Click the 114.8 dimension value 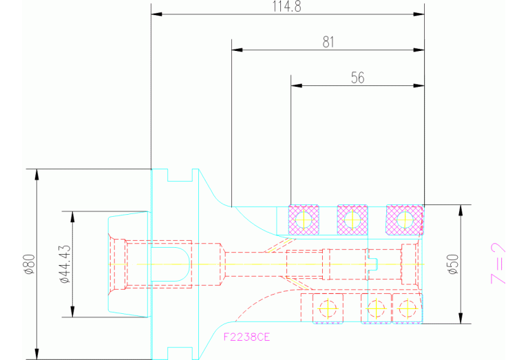pyautogui.click(x=286, y=6)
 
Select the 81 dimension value pyautogui.click(x=328, y=42)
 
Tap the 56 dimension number pyautogui.click(x=357, y=78)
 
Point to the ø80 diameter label pyautogui.click(x=30, y=264)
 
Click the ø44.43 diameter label pyautogui.click(x=65, y=264)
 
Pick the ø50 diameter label pyautogui.click(x=454, y=264)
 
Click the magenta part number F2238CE pyautogui.click(x=247, y=337)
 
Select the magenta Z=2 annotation pyautogui.click(x=498, y=264)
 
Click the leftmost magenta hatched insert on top pyautogui.click(x=304, y=220)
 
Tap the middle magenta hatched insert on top pyautogui.click(x=352, y=220)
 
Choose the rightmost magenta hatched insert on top pyautogui.click(x=404, y=220)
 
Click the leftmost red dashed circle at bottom pyautogui.click(x=328, y=308)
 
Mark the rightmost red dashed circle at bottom pyautogui.click(x=407, y=308)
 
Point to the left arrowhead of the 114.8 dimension pyautogui.click(x=156, y=14)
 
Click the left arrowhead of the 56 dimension pyautogui.click(x=296, y=85)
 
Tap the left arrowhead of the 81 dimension pyautogui.click(x=237, y=50)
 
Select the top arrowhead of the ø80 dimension pyautogui.click(x=36, y=174)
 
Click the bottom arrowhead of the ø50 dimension pyautogui.click(x=461, y=318)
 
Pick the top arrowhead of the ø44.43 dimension pyautogui.click(x=72, y=218)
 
